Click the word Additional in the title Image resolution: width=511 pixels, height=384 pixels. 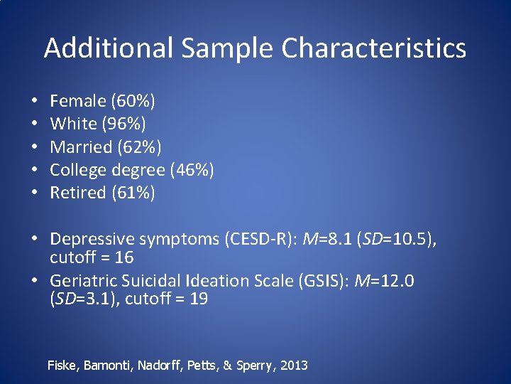108,48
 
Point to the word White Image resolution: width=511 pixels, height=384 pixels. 73,124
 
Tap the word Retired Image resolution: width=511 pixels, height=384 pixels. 79,193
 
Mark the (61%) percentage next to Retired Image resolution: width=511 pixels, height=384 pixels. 133,193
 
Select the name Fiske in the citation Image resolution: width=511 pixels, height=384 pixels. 65,366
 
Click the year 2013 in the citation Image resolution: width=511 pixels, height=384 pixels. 294,366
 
